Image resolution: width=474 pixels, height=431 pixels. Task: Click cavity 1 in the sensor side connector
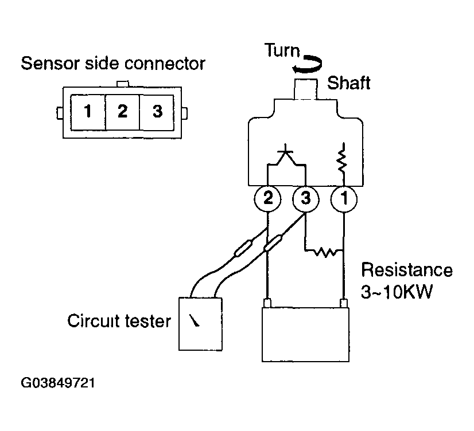click(88, 112)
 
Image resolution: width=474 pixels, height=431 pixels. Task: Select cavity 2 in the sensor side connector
click(122, 112)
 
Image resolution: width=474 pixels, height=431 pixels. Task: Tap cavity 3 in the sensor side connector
click(157, 112)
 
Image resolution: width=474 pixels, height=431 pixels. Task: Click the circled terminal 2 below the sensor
click(267, 199)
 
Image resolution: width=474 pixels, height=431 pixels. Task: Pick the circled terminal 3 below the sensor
click(306, 199)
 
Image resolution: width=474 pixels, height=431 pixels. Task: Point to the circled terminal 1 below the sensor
click(344, 199)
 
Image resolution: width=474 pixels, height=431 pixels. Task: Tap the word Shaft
click(348, 83)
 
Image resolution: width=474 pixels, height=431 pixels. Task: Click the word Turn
click(282, 50)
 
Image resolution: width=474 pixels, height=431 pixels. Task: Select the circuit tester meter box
click(200, 324)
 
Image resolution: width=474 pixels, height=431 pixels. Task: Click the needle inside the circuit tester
click(195, 320)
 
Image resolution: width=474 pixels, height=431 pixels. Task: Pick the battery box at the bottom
click(305, 334)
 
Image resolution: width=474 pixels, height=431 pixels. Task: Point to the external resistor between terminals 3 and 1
click(325, 252)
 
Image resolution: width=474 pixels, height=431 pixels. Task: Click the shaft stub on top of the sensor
click(306, 89)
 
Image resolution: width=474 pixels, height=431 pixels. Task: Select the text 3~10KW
click(397, 292)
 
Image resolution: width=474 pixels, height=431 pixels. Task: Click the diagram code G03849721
click(58, 383)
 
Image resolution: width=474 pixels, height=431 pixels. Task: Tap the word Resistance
click(407, 270)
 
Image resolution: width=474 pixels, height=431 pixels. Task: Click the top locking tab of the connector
click(122, 84)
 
